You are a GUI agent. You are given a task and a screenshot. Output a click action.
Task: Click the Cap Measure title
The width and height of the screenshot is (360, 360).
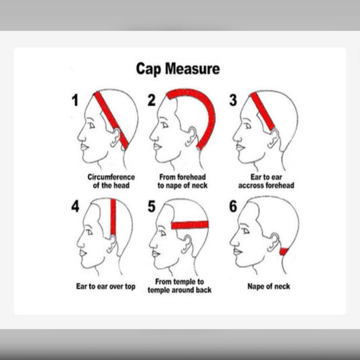click(178, 69)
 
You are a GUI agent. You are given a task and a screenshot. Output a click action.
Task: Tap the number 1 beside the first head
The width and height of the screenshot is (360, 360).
click(75, 101)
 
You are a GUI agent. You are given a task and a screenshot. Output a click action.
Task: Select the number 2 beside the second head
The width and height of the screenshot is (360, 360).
click(151, 101)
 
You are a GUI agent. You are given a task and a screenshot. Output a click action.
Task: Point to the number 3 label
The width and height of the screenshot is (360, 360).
click(233, 101)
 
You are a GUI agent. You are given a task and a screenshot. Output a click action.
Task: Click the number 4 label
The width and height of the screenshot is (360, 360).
click(75, 206)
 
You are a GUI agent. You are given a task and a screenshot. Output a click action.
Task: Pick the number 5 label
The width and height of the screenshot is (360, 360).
click(151, 206)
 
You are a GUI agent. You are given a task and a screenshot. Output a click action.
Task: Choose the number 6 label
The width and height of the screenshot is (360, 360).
click(233, 206)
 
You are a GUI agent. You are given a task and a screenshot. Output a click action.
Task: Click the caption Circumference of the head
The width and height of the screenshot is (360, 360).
click(111, 181)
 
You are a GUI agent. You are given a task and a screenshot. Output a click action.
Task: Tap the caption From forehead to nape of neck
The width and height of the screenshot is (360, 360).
click(182, 181)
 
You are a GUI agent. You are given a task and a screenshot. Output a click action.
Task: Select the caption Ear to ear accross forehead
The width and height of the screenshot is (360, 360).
click(266, 181)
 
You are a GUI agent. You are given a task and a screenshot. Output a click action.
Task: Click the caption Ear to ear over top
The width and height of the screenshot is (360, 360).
click(105, 286)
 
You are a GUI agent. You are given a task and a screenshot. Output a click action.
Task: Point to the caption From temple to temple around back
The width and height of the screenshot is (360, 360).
click(180, 286)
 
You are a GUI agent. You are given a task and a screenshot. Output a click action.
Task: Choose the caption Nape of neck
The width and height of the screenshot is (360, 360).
click(269, 286)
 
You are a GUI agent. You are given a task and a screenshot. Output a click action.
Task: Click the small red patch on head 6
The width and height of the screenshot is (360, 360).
click(284, 252)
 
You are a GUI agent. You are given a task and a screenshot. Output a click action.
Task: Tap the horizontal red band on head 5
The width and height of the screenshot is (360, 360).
click(190, 225)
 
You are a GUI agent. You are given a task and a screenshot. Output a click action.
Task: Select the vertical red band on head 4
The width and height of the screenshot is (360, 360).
click(113, 217)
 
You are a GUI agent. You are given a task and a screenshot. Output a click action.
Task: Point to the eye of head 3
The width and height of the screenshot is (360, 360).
click(248, 126)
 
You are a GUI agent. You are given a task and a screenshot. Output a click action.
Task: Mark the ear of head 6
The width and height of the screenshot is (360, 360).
click(274, 242)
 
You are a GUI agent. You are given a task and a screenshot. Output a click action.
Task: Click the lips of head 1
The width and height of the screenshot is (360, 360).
click(84, 147)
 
